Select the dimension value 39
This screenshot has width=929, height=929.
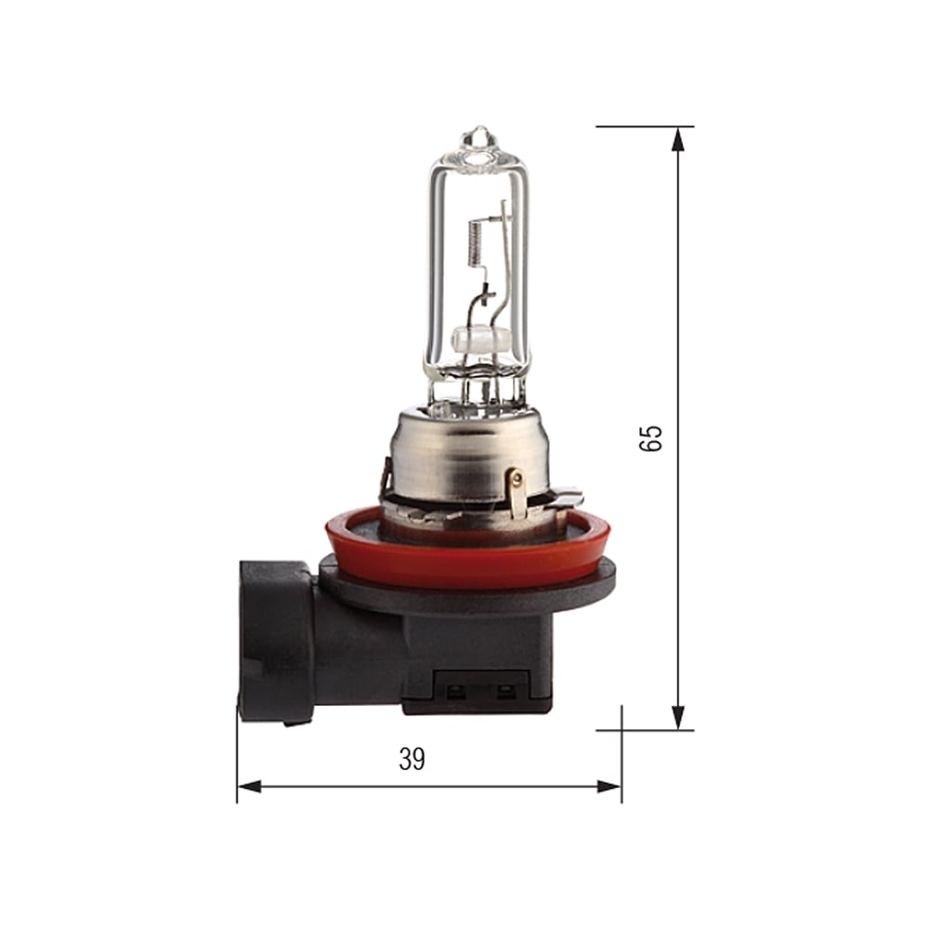[412, 759]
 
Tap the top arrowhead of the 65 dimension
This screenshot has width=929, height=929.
[678, 138]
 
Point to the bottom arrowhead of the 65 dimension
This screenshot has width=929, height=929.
[678, 717]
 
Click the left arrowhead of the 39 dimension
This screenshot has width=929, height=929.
[249, 787]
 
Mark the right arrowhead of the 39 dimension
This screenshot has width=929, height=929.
[609, 787]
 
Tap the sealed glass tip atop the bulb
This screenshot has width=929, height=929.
[478, 139]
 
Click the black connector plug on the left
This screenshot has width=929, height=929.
[276, 641]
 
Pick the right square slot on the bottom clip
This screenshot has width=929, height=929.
[506, 691]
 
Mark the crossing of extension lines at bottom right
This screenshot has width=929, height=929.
[622, 730]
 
